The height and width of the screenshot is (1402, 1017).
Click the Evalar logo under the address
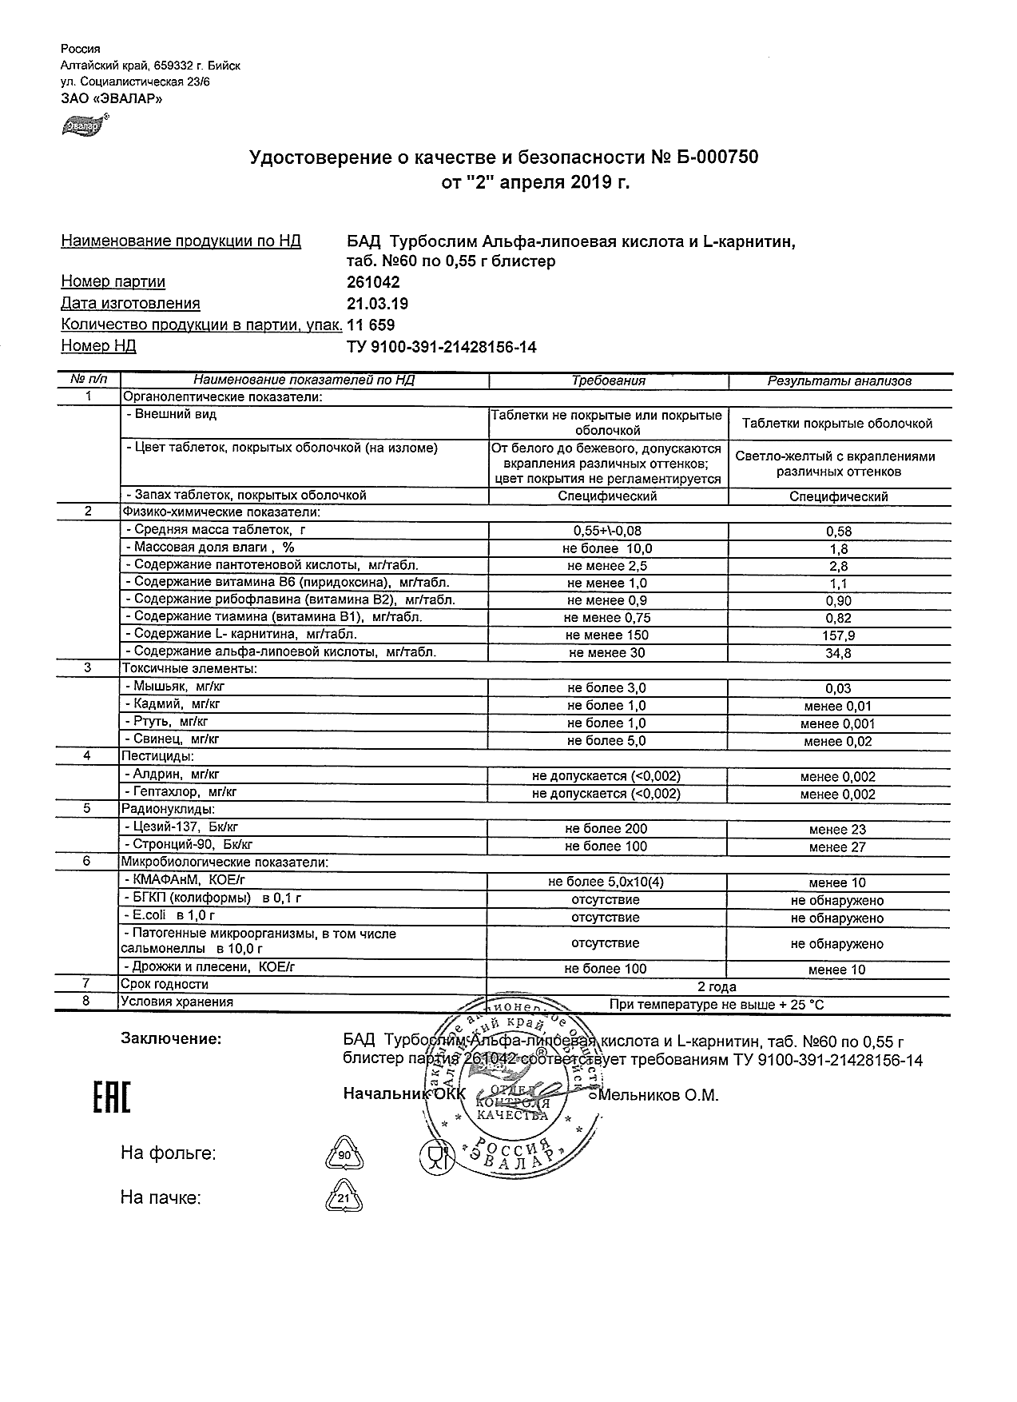(84, 125)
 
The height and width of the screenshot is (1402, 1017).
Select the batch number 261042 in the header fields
(373, 282)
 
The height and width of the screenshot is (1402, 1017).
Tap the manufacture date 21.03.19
(378, 304)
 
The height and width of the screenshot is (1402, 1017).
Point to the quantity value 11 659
(371, 325)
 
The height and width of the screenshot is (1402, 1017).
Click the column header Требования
(608, 381)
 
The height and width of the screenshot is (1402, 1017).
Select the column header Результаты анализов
(839, 381)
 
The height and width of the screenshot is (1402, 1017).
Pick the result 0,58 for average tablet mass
(839, 532)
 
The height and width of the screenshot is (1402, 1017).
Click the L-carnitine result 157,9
(839, 636)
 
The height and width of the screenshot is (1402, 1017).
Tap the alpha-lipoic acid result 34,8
(839, 654)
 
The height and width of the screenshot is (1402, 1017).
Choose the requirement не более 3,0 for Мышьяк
(606, 688)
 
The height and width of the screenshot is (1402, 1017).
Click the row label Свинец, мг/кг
(172, 740)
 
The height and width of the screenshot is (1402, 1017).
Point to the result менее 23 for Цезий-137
(837, 830)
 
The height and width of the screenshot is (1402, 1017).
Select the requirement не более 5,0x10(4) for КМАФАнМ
(606, 882)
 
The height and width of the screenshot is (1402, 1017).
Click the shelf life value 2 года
(717, 987)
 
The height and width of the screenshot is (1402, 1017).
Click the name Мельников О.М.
(658, 1096)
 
